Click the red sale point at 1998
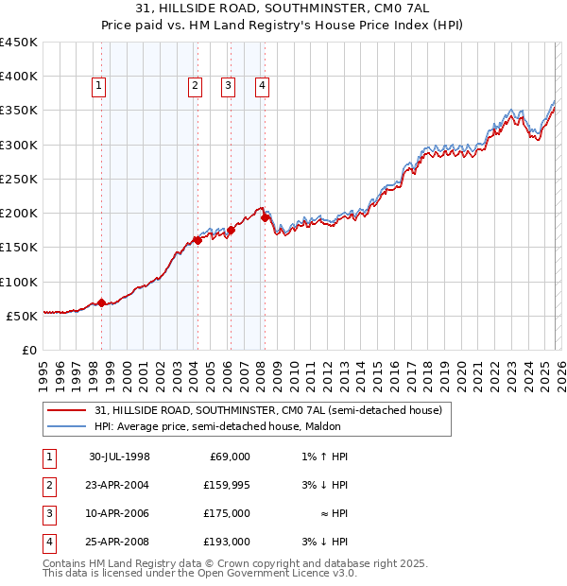(101, 302)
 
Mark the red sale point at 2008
(265, 218)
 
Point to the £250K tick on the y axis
(19, 179)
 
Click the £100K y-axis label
(19, 282)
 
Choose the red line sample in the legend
(66, 411)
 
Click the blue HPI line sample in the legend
(66, 427)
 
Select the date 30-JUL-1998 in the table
(119, 457)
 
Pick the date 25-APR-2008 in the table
(119, 542)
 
